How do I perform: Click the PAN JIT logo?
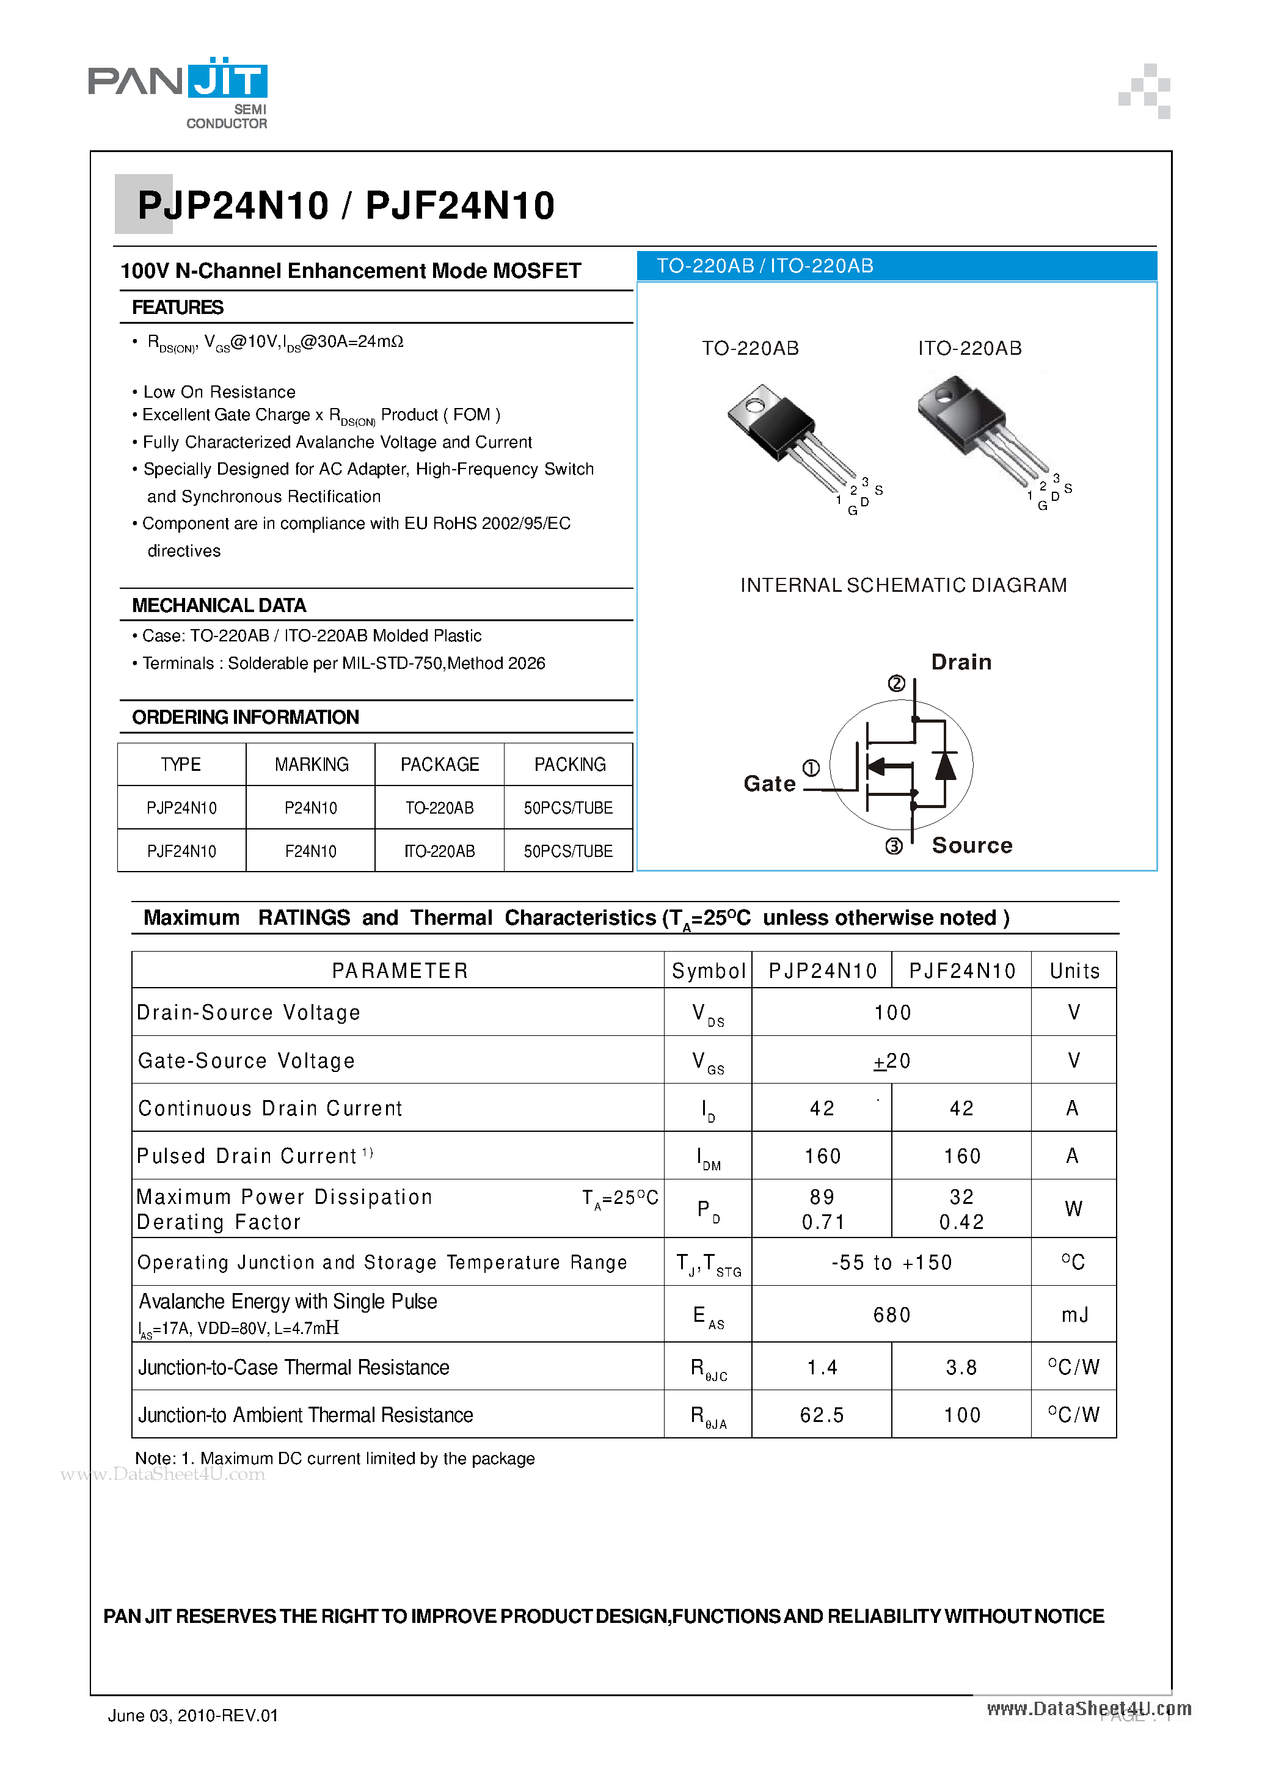[x=178, y=92]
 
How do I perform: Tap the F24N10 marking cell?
[x=310, y=851]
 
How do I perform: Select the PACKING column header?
[x=569, y=765]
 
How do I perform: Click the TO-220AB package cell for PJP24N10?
[x=440, y=807]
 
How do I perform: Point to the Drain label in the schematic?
[x=961, y=662]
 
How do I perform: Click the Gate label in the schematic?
[x=768, y=783]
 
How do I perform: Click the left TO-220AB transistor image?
[x=790, y=436]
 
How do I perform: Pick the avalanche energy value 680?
[x=892, y=1314]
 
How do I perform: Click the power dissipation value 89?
[x=822, y=1197]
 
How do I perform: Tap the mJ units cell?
[x=1074, y=1314]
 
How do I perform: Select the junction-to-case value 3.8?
[x=961, y=1367]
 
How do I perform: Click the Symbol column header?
[x=708, y=971]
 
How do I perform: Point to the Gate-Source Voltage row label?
[x=246, y=1060]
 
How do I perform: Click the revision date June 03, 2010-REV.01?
[x=193, y=1715]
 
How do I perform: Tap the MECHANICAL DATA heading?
[x=219, y=605]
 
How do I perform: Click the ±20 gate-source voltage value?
[x=892, y=1061]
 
